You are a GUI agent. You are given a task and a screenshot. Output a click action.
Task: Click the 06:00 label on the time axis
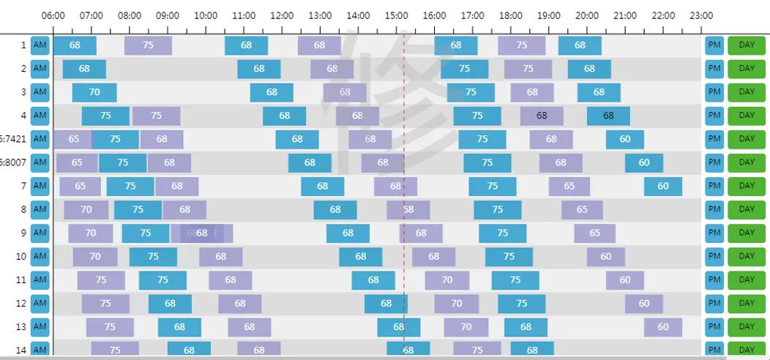(x=53, y=15)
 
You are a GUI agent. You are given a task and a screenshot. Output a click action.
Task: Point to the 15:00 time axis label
(x=396, y=15)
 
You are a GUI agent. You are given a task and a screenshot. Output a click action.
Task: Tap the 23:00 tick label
(x=701, y=15)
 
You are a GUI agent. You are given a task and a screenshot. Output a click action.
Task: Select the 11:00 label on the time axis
(x=244, y=15)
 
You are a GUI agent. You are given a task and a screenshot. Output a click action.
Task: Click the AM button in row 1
(x=40, y=45)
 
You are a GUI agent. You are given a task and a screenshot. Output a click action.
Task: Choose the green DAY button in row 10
(x=746, y=256)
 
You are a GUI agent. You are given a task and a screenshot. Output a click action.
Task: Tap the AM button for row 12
(x=40, y=303)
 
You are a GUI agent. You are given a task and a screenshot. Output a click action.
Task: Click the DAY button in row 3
(x=746, y=91)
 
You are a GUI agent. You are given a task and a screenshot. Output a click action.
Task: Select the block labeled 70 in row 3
(x=94, y=92)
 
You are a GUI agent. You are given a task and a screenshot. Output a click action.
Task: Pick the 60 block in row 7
(x=663, y=186)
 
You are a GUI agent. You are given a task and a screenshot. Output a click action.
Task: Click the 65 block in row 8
(x=582, y=209)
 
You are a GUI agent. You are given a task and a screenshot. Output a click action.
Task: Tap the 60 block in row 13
(x=663, y=327)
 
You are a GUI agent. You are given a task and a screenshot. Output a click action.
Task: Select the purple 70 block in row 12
(x=457, y=303)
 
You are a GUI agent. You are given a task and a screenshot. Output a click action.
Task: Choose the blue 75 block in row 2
(x=465, y=69)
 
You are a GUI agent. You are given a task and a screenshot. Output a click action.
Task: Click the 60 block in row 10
(x=606, y=257)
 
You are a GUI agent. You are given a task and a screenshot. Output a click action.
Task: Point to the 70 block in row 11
(x=447, y=280)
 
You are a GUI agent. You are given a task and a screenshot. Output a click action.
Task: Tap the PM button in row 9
(x=714, y=233)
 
